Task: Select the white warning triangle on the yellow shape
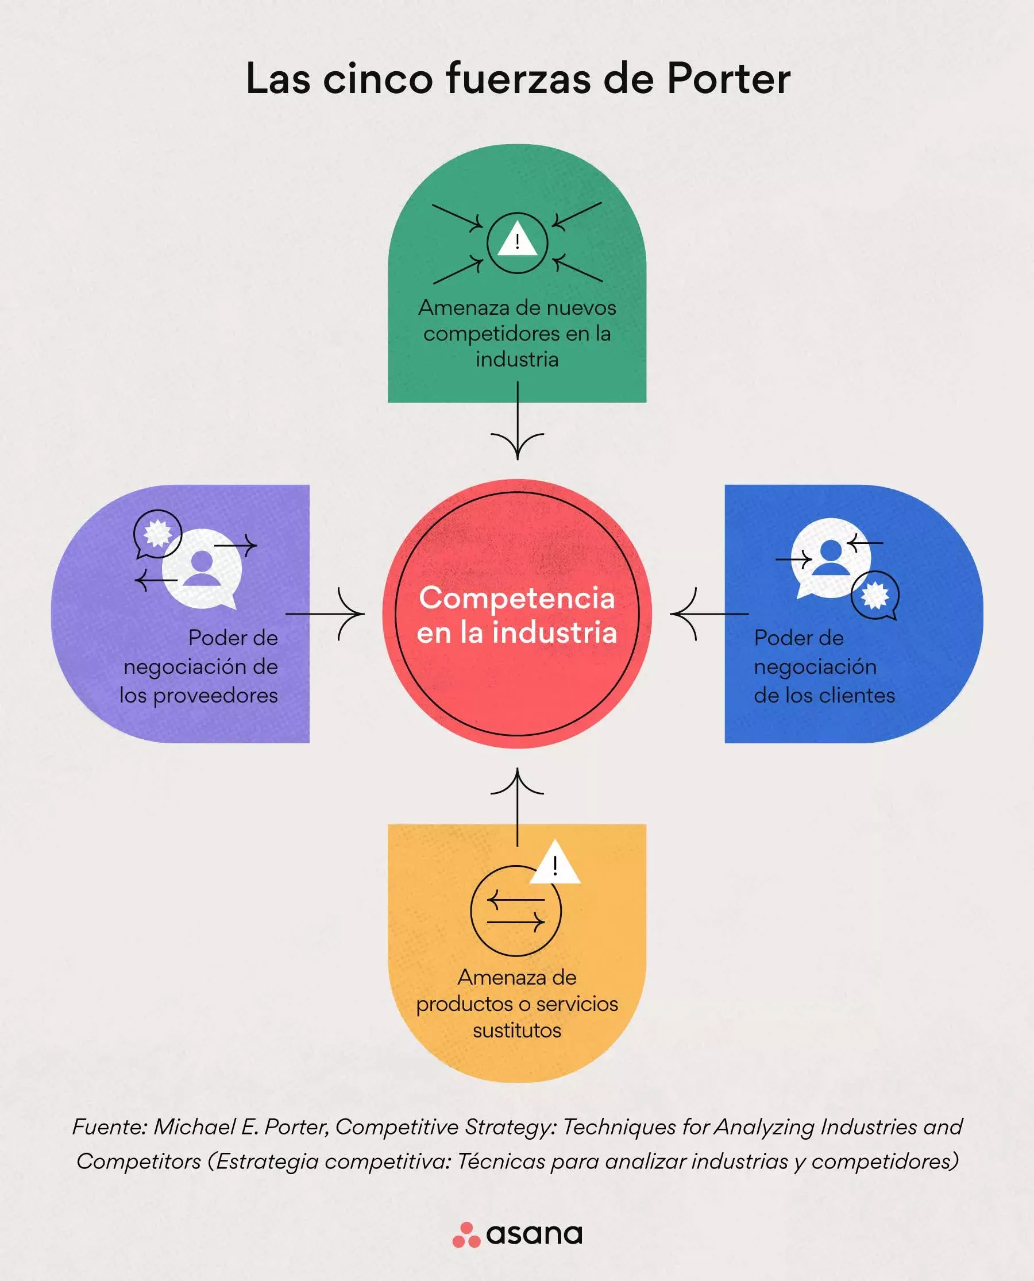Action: (x=554, y=865)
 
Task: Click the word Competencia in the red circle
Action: (x=516, y=597)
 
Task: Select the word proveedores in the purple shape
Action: (x=215, y=695)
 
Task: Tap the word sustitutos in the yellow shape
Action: (x=517, y=1030)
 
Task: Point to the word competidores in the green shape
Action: (x=492, y=334)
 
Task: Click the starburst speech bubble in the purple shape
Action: (x=157, y=534)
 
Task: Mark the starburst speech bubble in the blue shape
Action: (x=874, y=595)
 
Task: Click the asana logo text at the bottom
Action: (x=534, y=1234)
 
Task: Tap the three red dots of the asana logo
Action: (x=466, y=1235)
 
